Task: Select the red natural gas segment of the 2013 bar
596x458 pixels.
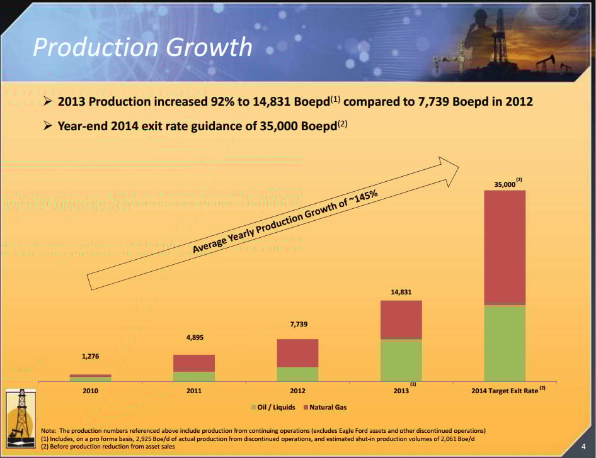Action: point(401,319)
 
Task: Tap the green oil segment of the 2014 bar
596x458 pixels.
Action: point(505,343)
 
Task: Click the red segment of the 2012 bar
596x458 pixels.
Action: point(297,352)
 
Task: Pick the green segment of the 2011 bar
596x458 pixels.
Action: point(194,376)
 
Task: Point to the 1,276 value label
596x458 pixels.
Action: point(91,357)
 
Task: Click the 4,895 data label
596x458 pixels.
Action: point(195,338)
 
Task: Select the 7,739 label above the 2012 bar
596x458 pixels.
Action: point(298,324)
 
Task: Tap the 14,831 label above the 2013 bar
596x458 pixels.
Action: point(401,292)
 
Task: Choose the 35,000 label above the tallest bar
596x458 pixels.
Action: point(505,184)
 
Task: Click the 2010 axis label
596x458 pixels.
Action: point(91,391)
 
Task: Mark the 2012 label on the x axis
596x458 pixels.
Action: point(297,391)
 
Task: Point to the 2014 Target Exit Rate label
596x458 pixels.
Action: point(505,391)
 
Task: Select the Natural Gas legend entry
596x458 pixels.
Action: point(328,408)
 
